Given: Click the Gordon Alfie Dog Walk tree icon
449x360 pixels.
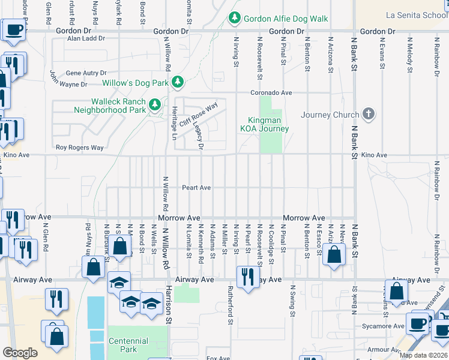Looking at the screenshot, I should click(234, 19).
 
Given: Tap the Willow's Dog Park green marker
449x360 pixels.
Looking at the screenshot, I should click(177, 82).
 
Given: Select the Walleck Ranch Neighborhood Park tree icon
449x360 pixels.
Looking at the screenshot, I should click(155, 106).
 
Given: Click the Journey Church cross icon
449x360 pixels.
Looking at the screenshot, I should click(369, 114).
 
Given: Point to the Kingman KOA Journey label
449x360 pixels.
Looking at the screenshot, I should click(265, 125).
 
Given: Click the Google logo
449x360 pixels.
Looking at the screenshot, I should click(20, 353).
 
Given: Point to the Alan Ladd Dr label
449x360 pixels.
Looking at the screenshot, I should click(86, 38).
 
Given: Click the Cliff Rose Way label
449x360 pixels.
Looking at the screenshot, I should click(199, 114).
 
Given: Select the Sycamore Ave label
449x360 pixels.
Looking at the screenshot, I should click(386, 326).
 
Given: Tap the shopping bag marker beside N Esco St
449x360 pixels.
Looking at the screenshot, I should click(334, 254).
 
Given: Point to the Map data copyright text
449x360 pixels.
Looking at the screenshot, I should click(423, 355).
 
